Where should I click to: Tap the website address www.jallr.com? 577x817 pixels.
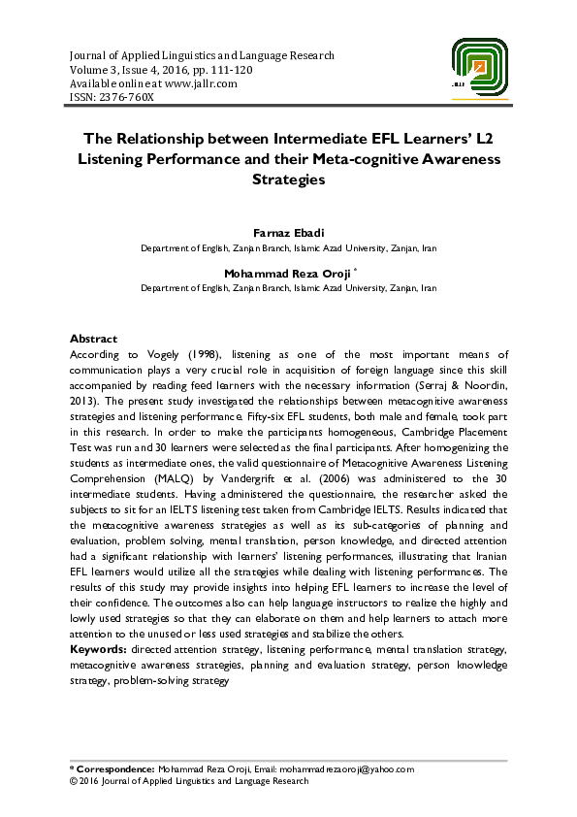[202, 83]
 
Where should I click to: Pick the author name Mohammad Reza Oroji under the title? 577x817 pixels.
[288, 275]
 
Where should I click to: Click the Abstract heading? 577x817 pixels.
[93, 340]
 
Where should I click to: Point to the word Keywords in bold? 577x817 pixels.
[99, 647]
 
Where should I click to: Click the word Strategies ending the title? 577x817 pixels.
[288, 180]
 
